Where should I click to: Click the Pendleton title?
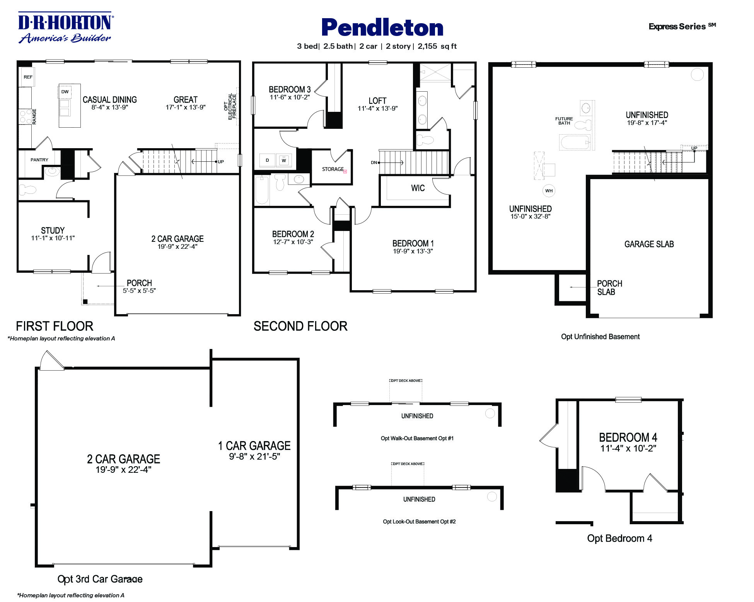(382, 28)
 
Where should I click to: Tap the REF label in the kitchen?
(28, 77)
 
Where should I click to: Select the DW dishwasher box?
(65, 92)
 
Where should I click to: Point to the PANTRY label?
(39, 160)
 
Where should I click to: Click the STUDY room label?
(53, 230)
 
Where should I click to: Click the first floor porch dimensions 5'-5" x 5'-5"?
(139, 291)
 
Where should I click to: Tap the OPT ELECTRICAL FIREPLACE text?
(230, 106)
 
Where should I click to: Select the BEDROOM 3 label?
(290, 89)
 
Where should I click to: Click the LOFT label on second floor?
(377, 101)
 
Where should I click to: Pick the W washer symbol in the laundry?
(284, 160)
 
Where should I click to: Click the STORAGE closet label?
(333, 169)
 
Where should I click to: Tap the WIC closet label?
(418, 188)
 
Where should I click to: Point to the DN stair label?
(374, 162)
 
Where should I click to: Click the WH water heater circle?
(549, 190)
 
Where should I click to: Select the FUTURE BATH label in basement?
(564, 121)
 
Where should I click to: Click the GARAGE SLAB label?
(649, 244)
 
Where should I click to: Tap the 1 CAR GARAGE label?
(254, 446)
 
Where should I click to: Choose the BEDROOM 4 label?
(628, 438)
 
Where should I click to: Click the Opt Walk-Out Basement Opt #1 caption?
(417, 438)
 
